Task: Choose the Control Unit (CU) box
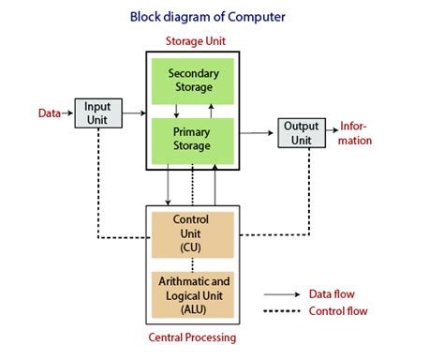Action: [192, 233]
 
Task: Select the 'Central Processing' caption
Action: [193, 337]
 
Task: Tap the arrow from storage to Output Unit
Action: [259, 132]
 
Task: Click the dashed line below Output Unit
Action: [309, 187]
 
